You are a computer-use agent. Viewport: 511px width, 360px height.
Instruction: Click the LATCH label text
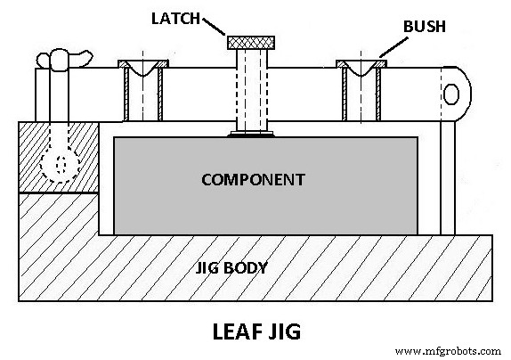tap(178, 18)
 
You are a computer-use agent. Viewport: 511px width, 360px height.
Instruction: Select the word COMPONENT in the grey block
tap(253, 179)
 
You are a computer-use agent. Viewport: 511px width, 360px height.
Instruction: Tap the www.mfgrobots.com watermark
tap(449, 350)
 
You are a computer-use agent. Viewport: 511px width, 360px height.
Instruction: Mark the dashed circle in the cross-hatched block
tap(61, 164)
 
